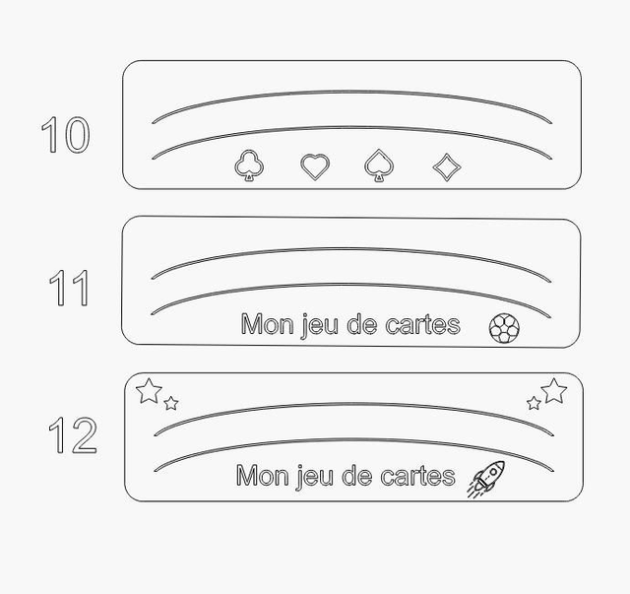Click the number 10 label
click(66, 135)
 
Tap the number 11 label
click(69, 288)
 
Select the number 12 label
click(73, 434)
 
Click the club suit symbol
click(249, 165)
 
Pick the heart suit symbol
click(315, 166)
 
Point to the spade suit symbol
click(379, 165)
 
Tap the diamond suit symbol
click(447, 166)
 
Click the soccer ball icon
click(504, 329)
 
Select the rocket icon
click(485, 479)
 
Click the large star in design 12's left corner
click(149, 391)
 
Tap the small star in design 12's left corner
click(171, 403)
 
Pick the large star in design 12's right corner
click(554, 391)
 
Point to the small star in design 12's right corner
click(534, 403)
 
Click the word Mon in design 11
click(267, 324)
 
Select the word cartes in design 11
click(422, 325)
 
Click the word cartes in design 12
click(417, 476)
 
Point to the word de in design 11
click(361, 324)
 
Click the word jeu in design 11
click(320, 325)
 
